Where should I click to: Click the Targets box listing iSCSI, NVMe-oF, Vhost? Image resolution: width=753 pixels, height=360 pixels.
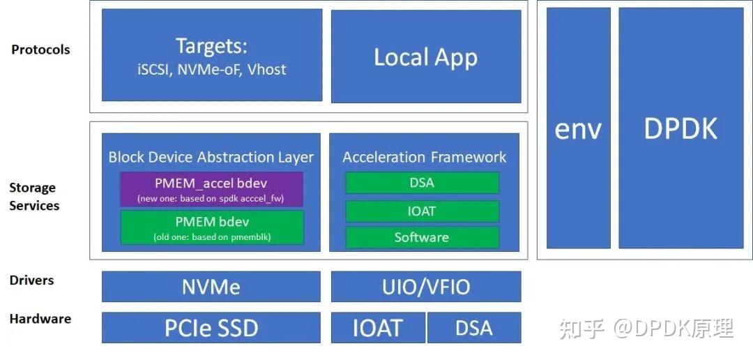click(x=212, y=56)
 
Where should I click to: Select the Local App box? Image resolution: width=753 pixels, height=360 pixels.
click(x=425, y=57)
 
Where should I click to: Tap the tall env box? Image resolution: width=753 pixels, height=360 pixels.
click(x=578, y=128)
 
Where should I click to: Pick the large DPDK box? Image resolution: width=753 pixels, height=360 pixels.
click(x=680, y=128)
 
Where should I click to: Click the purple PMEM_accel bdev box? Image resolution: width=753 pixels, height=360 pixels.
click(x=211, y=189)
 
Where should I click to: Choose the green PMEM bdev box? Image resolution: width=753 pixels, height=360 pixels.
click(x=211, y=227)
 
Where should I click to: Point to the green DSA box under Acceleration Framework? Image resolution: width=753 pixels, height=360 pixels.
click(x=422, y=183)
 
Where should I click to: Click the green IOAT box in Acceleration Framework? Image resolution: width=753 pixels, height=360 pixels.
click(x=422, y=211)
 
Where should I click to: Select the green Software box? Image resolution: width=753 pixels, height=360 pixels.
click(x=422, y=237)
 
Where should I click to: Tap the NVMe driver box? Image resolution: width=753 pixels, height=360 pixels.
click(x=211, y=287)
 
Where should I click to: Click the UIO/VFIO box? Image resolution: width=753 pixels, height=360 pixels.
click(x=425, y=287)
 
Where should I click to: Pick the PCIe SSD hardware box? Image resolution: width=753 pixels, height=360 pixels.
click(x=211, y=328)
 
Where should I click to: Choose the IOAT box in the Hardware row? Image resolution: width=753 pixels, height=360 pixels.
click(x=377, y=328)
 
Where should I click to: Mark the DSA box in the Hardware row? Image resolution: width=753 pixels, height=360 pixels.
click(x=474, y=328)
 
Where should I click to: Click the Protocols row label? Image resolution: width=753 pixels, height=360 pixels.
click(x=40, y=50)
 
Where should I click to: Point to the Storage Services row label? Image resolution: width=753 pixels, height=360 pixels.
click(x=34, y=197)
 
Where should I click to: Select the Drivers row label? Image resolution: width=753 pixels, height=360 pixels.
click(x=31, y=280)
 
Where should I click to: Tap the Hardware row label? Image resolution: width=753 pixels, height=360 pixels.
click(x=40, y=319)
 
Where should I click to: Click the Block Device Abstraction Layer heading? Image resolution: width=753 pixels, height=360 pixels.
click(x=211, y=157)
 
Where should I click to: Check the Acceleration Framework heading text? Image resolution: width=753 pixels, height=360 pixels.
click(x=424, y=157)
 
